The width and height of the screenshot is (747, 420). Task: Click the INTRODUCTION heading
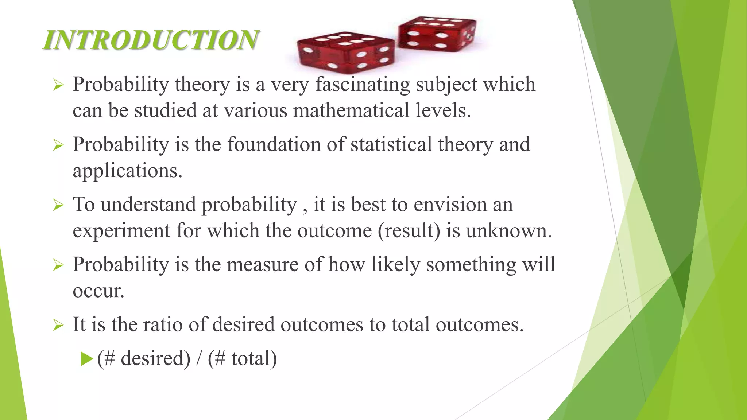pos(151,40)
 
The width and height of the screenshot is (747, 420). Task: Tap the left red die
pos(345,52)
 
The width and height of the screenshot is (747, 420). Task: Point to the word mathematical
pos(351,110)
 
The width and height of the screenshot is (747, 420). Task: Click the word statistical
pos(391,144)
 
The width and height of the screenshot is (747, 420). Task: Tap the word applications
pos(127,171)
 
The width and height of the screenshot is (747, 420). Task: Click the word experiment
pos(121,231)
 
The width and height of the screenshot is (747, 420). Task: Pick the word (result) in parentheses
pos(409,231)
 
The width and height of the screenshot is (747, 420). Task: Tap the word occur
pos(98,291)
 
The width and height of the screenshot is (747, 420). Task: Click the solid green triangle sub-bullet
pos(87,359)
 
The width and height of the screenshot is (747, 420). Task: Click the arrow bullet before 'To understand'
pos(58,205)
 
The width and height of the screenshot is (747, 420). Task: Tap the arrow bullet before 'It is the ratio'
pos(58,325)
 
